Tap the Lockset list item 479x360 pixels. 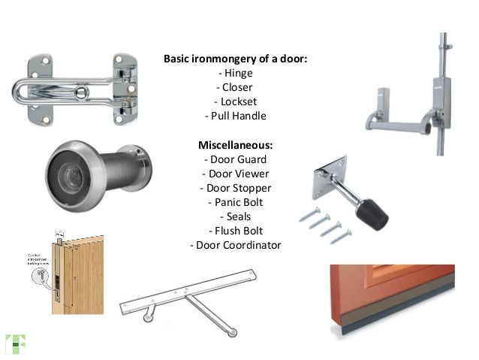(x=236, y=101)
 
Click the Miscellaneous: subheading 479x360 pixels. (x=235, y=144)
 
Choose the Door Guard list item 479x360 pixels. (x=236, y=159)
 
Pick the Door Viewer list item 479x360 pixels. (x=236, y=173)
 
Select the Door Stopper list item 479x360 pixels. (x=236, y=188)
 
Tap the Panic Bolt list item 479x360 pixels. (x=236, y=202)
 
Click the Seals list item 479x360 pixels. (x=236, y=216)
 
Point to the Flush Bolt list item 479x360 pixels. (x=236, y=231)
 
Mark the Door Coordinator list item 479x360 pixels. (x=236, y=245)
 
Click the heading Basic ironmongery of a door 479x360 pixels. (x=235, y=59)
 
